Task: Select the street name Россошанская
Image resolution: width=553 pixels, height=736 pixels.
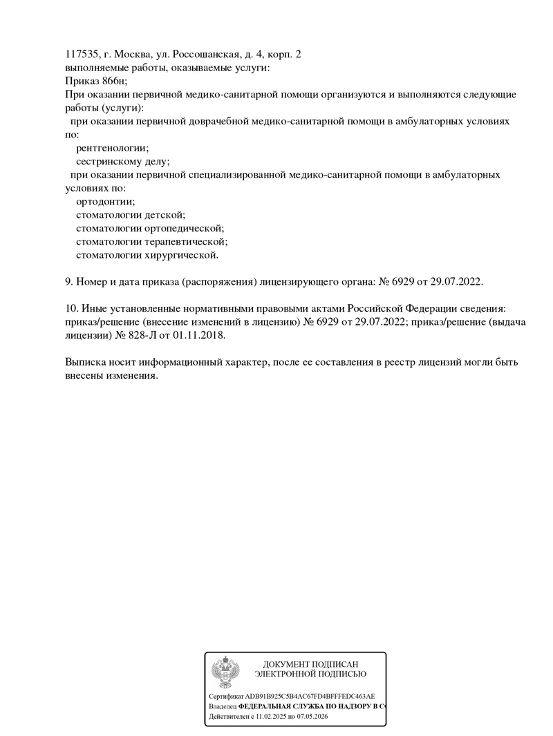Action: (206, 54)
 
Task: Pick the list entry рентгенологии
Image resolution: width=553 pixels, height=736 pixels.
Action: (112, 148)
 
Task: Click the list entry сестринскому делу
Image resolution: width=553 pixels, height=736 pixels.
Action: (122, 161)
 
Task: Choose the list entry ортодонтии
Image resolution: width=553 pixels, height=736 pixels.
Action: (105, 202)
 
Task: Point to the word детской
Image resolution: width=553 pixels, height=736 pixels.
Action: (164, 215)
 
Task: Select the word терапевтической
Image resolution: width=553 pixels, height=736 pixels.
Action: (186, 242)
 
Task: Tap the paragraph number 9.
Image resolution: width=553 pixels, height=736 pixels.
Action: (68, 282)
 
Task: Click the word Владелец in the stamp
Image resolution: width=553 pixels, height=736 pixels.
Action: (223, 707)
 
